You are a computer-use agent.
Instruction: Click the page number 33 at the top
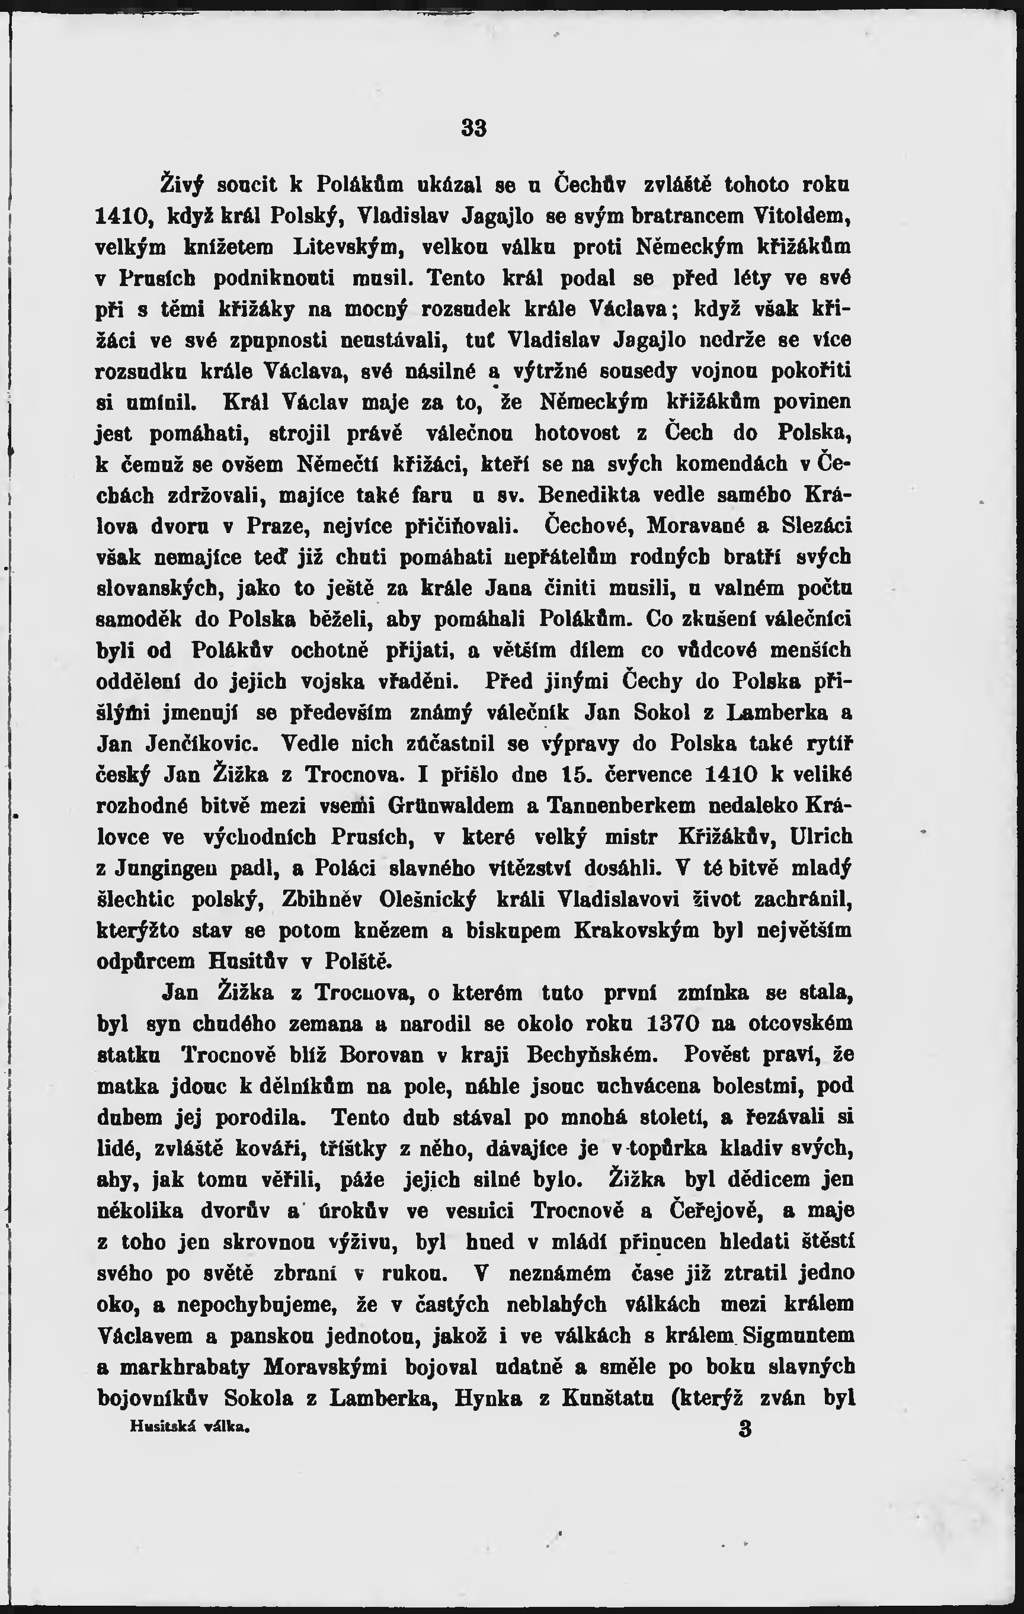click(x=473, y=127)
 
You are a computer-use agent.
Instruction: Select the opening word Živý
click(x=182, y=184)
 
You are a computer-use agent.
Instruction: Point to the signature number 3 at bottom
click(x=744, y=1429)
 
